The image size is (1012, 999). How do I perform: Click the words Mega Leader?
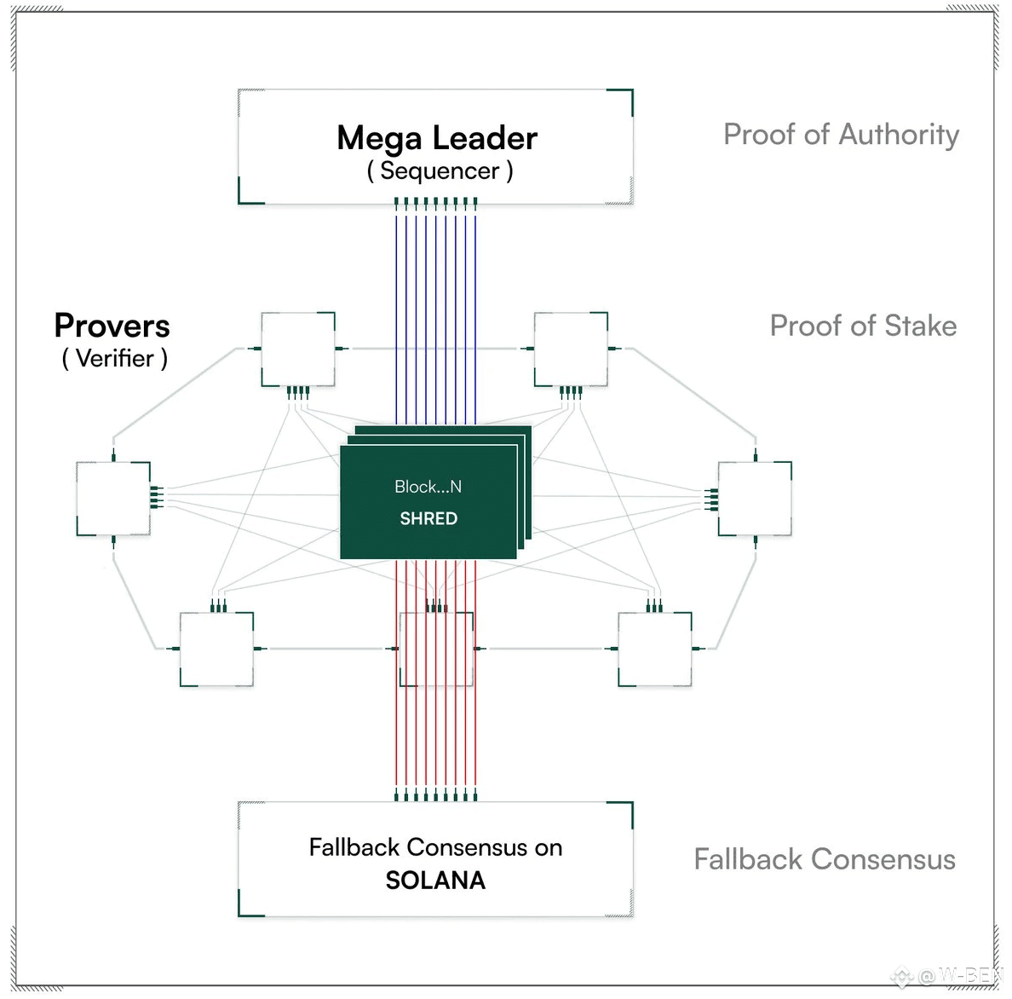tap(437, 137)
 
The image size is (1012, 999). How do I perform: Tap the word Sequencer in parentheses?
tap(440, 171)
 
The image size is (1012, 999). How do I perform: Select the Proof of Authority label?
tap(841, 135)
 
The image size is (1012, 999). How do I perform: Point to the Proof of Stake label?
tap(863, 326)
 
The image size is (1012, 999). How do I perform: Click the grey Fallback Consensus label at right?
tap(825, 859)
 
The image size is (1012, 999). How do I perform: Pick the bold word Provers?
tap(112, 326)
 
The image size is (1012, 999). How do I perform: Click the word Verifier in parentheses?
tap(115, 358)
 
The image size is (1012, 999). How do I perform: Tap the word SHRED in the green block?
tap(428, 518)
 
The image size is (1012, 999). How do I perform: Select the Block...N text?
tap(428, 486)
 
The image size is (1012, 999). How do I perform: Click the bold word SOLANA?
tap(435, 881)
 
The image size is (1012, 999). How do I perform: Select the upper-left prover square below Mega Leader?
tap(298, 349)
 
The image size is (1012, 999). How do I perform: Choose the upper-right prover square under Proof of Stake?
tap(572, 349)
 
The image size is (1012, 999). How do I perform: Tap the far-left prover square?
tap(113, 499)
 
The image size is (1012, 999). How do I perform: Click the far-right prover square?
tap(755, 499)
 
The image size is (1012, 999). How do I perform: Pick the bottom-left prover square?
tap(217, 649)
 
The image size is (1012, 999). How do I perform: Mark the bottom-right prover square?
tap(655, 649)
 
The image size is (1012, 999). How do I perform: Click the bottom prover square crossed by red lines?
tap(436, 649)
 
